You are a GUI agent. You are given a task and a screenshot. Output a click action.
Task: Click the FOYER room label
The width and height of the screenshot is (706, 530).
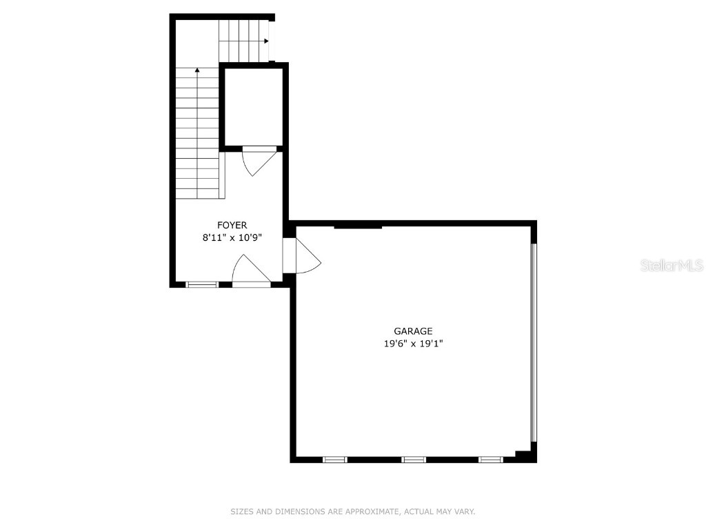(x=232, y=225)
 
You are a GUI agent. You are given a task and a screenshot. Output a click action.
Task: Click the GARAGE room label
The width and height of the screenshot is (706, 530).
(x=413, y=331)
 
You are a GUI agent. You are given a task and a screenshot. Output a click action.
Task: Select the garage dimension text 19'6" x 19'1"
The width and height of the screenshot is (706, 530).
(x=413, y=344)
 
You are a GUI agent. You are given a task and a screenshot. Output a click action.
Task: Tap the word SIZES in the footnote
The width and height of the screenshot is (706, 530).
(x=242, y=511)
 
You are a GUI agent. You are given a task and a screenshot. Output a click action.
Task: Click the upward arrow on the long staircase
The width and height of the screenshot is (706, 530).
(x=198, y=70)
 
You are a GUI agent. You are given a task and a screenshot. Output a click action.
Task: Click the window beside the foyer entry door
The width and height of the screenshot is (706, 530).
(x=202, y=284)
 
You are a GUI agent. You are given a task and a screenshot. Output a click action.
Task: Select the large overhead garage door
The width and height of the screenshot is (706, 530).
(x=533, y=342)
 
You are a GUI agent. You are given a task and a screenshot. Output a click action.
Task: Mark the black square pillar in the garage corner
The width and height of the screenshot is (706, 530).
(x=526, y=453)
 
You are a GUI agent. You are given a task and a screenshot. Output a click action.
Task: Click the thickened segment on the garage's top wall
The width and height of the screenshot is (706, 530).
(x=358, y=225)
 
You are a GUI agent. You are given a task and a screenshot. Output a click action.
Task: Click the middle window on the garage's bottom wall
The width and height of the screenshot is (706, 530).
(x=414, y=459)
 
